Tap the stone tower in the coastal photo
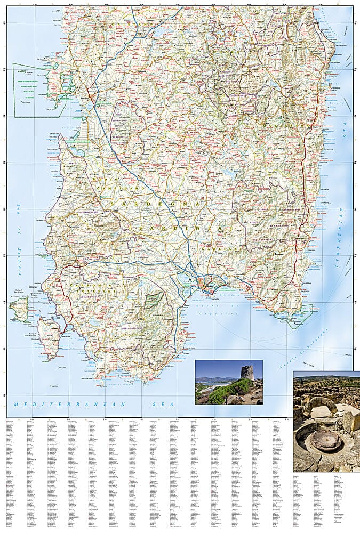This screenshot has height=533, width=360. coord(246,373)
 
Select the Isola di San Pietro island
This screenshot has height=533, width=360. coord(20,310)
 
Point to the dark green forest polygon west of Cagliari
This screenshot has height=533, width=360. coord(154,301)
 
